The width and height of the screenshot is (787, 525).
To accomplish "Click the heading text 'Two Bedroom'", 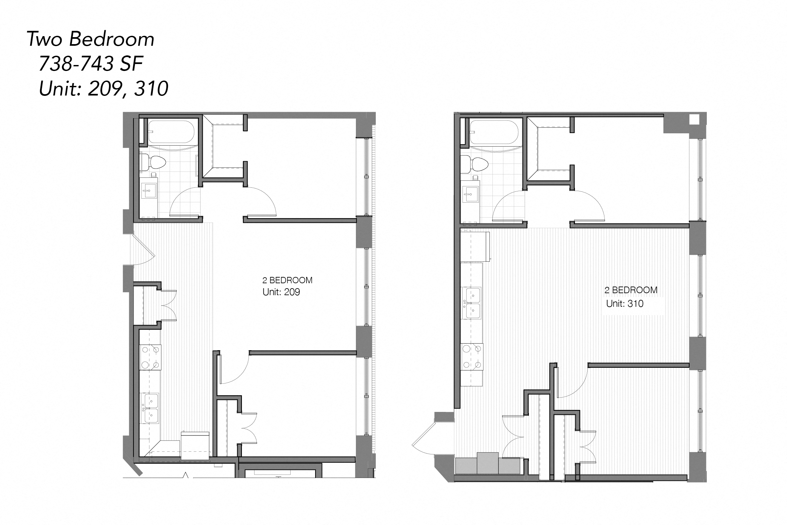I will pyautogui.click(x=90, y=39).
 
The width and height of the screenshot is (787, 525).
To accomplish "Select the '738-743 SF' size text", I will pyautogui.click(x=91, y=64).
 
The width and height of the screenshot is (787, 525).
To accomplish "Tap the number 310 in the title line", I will pyautogui.click(x=151, y=89).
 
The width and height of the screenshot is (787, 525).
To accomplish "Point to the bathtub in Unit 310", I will pyautogui.click(x=494, y=133).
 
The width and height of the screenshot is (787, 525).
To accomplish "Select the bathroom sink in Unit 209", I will pyautogui.click(x=148, y=190).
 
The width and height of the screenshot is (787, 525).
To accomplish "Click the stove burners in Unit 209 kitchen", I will pyautogui.click(x=150, y=357).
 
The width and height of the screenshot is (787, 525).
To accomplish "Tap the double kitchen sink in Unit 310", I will pyautogui.click(x=472, y=303).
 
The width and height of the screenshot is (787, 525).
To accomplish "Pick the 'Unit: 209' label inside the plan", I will pyautogui.click(x=281, y=292).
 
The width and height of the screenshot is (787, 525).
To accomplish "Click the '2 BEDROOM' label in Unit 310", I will pyautogui.click(x=631, y=290).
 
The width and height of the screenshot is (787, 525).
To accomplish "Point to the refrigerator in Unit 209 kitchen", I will pyautogui.click(x=195, y=446).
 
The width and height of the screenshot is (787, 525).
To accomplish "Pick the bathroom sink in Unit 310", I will pyautogui.click(x=471, y=194).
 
